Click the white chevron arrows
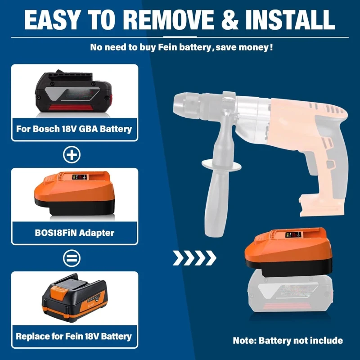(x=195, y=258)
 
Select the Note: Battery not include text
(x=288, y=341)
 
